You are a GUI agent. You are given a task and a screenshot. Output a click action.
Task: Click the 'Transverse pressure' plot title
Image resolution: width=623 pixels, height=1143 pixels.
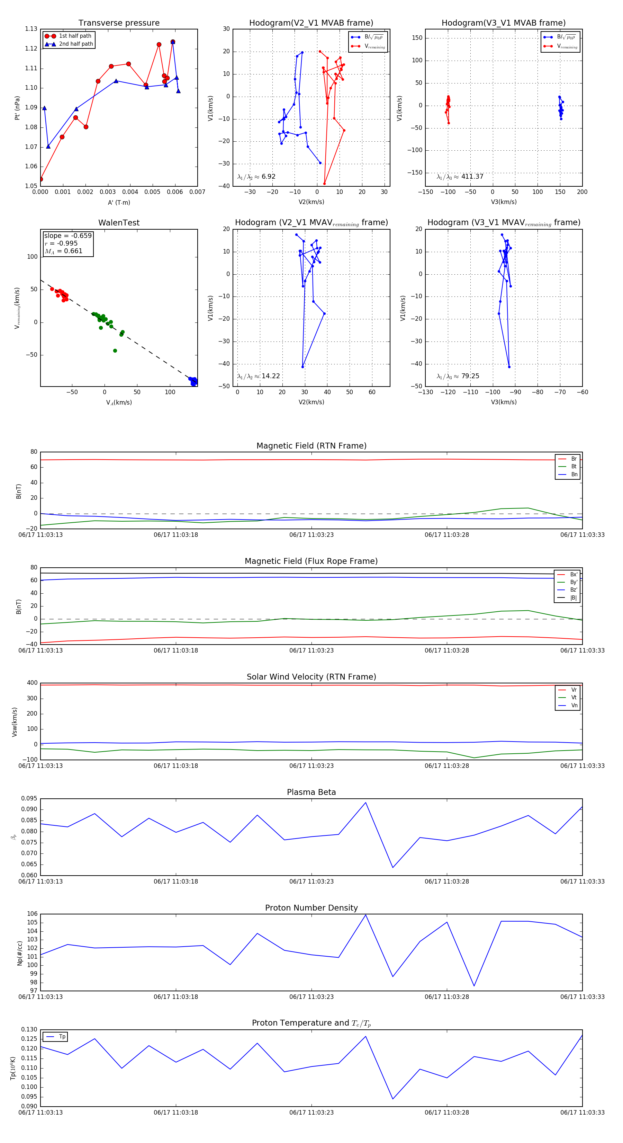tap(119, 23)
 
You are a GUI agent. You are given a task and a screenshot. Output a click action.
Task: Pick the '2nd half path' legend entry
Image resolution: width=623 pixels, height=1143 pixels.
tap(76, 44)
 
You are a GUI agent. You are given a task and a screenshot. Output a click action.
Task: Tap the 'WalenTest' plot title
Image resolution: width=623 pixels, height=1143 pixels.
tap(119, 223)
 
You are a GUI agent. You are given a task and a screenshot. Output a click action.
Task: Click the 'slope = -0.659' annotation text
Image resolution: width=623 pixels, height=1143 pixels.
tap(68, 236)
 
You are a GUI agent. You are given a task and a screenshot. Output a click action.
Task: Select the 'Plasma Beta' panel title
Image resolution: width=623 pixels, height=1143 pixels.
tap(311, 792)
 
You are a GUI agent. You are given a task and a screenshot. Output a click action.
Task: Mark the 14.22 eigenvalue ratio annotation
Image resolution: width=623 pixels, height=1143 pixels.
tap(270, 376)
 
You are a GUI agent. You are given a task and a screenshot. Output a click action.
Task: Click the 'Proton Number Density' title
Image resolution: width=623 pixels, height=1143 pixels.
tap(311, 908)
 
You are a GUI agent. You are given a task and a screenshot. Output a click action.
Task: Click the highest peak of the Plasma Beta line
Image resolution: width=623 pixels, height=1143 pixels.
tap(365, 803)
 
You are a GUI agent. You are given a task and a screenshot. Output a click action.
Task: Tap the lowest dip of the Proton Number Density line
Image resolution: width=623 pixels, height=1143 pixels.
tap(474, 986)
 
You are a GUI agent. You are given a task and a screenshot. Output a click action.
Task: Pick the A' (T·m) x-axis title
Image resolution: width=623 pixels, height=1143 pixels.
tap(119, 202)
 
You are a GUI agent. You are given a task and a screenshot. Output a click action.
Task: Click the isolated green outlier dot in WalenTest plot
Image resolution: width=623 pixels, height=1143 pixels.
tap(115, 351)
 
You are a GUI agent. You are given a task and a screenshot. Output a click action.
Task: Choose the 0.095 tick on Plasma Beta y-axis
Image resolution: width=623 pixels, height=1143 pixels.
tap(29, 799)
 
